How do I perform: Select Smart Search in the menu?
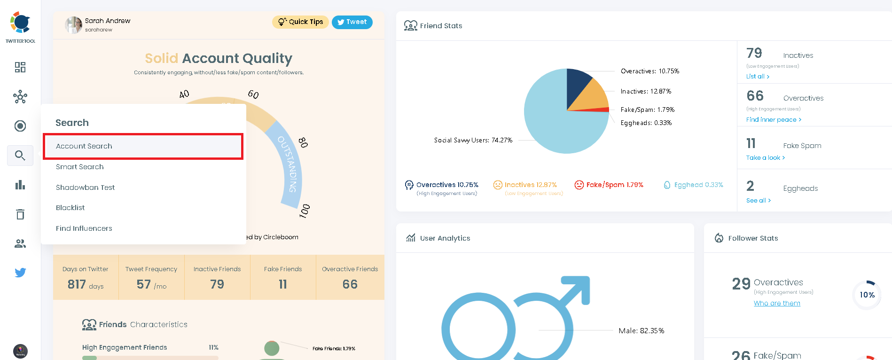(80, 167)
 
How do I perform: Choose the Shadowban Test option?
(85, 187)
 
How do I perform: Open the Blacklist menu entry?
(70, 208)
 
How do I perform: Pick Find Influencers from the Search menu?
(84, 228)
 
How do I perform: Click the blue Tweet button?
(352, 22)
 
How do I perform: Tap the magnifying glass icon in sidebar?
(20, 156)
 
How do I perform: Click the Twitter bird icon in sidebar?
(20, 273)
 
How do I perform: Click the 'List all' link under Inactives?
(758, 77)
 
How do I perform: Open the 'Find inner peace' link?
(774, 120)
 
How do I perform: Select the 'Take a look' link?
(766, 158)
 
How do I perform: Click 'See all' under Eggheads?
(759, 201)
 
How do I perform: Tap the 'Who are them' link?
(777, 304)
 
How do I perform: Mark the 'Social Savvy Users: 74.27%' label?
(473, 141)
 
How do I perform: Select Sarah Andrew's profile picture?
(74, 25)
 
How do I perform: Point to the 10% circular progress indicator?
(867, 295)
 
